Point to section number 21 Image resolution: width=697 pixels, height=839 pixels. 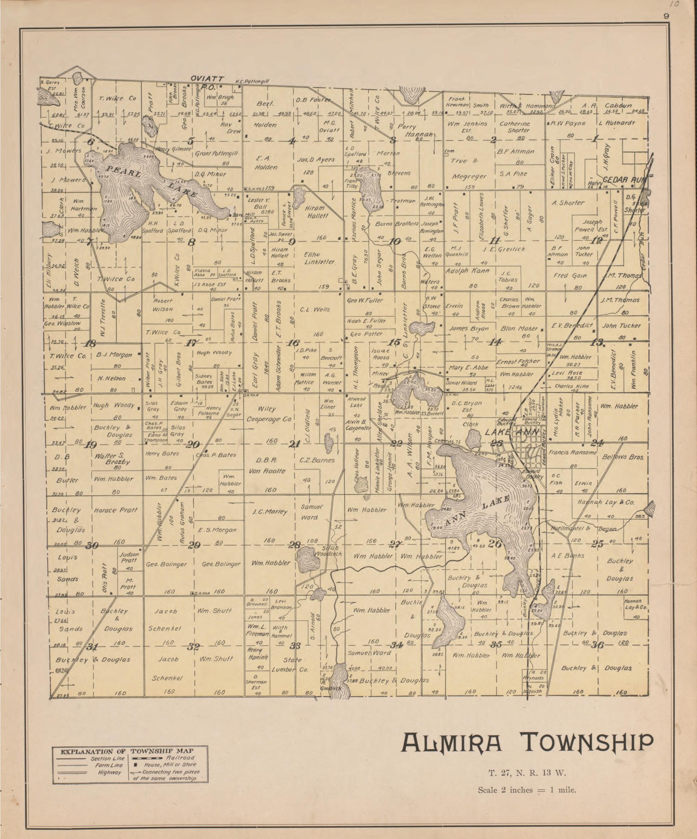click(295, 444)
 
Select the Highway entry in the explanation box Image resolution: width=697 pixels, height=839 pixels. click(110, 772)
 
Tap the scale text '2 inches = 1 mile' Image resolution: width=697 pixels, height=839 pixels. click(526, 790)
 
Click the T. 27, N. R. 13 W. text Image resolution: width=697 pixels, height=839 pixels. click(527, 773)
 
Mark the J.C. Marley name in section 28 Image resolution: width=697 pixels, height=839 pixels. click(270, 512)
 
